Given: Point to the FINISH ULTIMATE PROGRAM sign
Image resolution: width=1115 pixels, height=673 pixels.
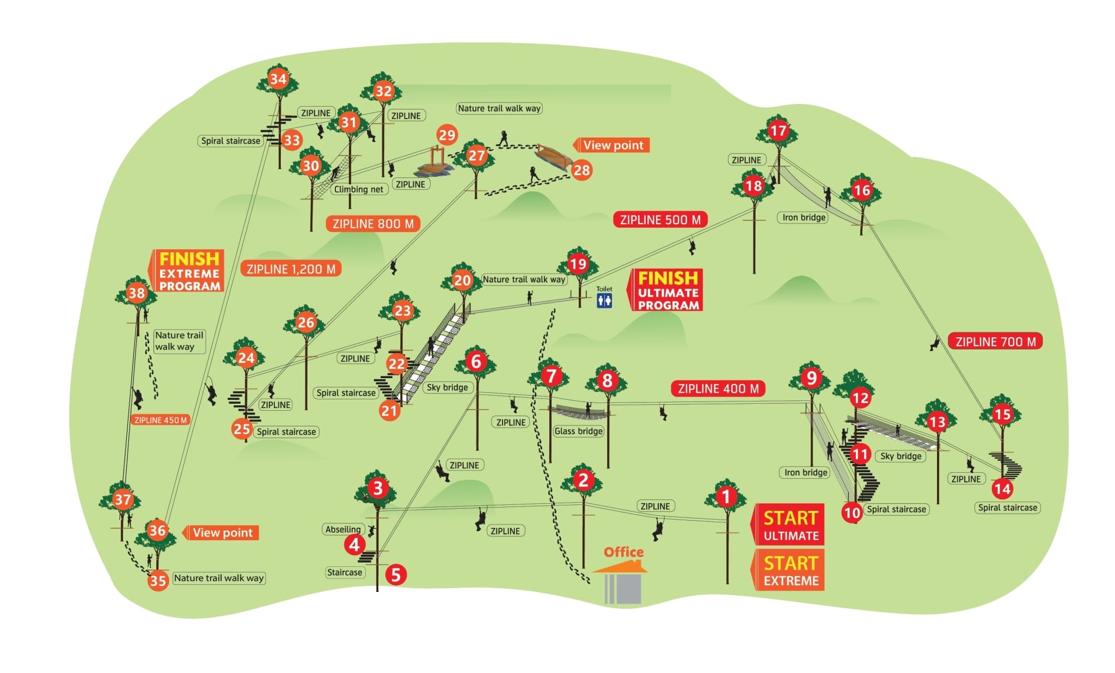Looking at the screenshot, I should click(x=667, y=291).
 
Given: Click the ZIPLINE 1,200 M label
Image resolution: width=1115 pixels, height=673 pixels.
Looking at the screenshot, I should click(x=291, y=269).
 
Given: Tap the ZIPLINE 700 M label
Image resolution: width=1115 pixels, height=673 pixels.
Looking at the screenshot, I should click(x=995, y=342).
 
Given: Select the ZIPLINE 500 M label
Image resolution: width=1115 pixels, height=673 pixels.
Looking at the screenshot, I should click(x=660, y=220).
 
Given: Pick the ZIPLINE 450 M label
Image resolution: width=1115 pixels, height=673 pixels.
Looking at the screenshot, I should click(x=161, y=420).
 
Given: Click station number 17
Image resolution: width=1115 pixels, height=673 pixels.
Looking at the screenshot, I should click(x=777, y=131).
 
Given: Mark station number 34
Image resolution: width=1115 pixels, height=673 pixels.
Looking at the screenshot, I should click(x=278, y=79).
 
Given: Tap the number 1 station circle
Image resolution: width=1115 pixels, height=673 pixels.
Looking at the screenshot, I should click(x=726, y=496).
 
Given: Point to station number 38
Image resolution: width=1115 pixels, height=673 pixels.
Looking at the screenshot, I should click(x=137, y=293).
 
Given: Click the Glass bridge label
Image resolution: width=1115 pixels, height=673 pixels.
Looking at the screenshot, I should click(x=578, y=431).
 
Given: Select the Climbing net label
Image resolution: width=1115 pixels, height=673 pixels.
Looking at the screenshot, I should click(x=359, y=189).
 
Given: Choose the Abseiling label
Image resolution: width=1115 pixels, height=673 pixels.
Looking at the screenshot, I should click(x=343, y=529).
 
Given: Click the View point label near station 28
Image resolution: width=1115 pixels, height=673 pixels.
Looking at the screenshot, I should click(x=613, y=145).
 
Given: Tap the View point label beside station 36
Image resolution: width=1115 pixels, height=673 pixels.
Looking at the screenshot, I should click(x=222, y=533).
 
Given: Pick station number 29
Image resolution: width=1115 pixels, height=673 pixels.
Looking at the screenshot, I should click(x=447, y=135).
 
